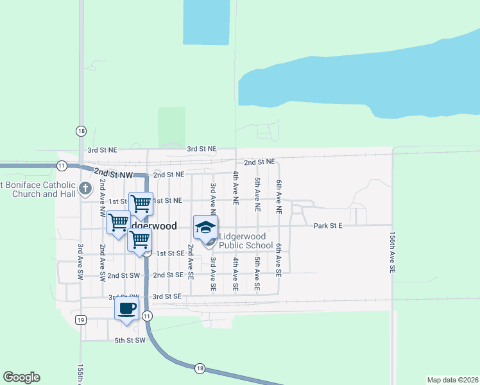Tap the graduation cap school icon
(205, 228)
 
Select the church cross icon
(86, 189)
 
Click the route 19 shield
(80, 320)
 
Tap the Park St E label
(328, 226)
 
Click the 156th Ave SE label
(391, 253)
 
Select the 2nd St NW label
(112, 173)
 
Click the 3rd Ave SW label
(81, 261)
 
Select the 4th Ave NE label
(236, 188)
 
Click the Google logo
(22, 377)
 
